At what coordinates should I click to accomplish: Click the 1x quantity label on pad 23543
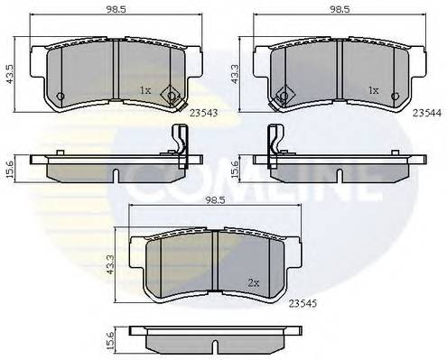145,91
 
